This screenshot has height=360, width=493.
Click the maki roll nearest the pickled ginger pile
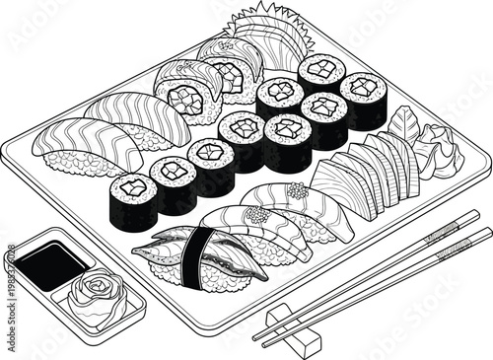point(363,102)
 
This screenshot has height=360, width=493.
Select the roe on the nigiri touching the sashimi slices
point(297,189)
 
